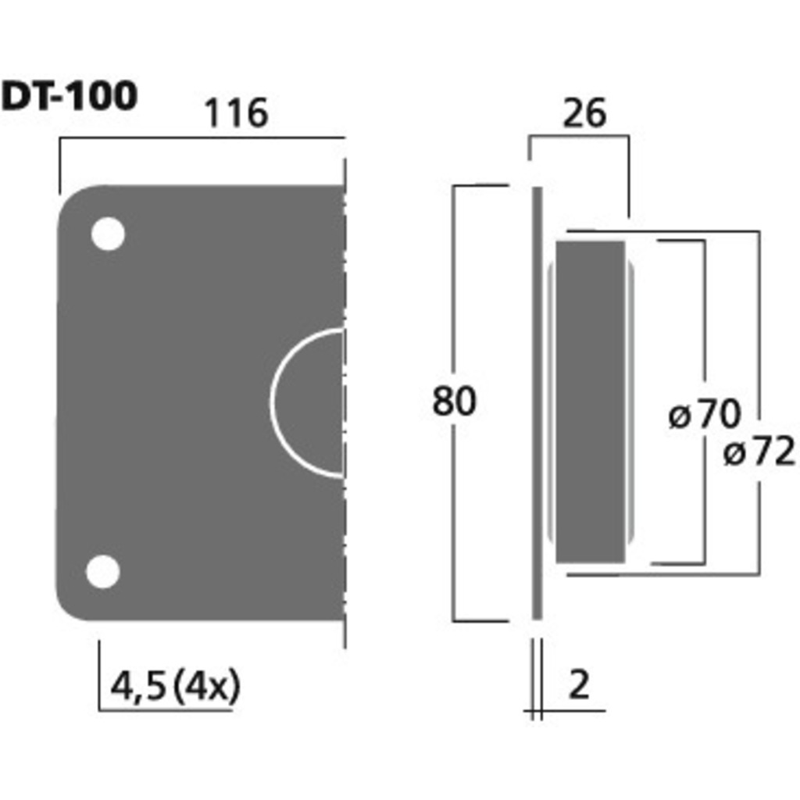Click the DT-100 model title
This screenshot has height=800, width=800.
[70, 96]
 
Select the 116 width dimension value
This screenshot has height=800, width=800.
[236, 112]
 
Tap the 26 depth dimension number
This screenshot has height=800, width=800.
[584, 112]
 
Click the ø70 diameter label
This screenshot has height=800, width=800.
[704, 414]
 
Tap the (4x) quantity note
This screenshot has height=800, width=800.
[206, 686]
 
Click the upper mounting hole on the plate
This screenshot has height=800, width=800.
[108, 234]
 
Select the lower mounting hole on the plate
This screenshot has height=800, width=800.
[103, 571]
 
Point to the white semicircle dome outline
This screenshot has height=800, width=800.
[271, 403]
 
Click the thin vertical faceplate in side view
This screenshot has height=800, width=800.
[537, 403]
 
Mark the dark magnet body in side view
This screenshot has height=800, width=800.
[591, 402]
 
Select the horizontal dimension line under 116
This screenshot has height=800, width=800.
[202, 137]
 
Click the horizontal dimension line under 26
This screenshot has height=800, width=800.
[579, 136]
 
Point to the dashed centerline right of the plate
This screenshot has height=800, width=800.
[345, 403]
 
